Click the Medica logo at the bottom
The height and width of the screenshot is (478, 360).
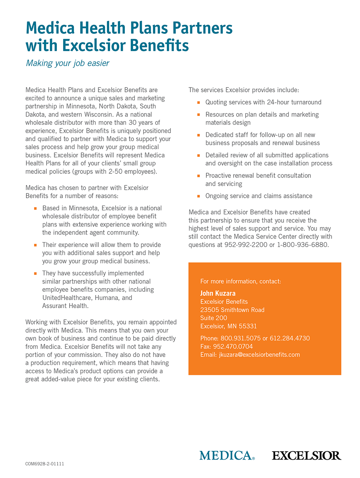(x=227, y=455)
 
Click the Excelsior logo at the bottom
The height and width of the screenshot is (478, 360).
(x=306, y=455)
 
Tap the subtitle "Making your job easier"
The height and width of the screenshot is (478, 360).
(x=67, y=63)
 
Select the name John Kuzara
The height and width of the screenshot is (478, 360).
(x=218, y=293)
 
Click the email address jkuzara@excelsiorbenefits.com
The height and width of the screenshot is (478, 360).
(x=259, y=355)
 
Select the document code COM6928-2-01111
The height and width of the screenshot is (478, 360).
(x=45, y=464)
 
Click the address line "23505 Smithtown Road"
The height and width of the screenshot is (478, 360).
(x=232, y=310)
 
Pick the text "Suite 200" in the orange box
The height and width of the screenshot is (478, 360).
(x=214, y=318)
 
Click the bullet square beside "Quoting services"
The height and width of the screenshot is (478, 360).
(x=198, y=103)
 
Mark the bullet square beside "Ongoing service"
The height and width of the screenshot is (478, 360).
(x=198, y=196)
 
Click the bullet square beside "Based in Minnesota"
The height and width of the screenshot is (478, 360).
(x=35, y=208)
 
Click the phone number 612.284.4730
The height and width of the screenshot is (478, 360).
(x=290, y=338)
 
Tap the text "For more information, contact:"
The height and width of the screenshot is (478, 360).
(x=240, y=281)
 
